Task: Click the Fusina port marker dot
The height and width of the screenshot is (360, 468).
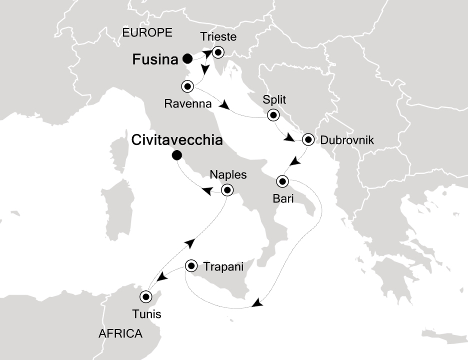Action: tap(187, 58)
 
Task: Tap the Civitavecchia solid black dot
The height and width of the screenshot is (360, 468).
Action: tap(176, 156)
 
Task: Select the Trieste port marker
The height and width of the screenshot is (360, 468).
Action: tap(217, 52)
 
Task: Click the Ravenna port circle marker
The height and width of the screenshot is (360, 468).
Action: tap(187, 86)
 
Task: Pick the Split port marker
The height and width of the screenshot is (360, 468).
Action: tap(273, 115)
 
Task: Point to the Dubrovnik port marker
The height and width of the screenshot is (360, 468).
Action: tap(308, 139)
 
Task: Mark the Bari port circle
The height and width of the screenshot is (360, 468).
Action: tap(282, 180)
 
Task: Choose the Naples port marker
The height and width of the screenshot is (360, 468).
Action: tap(227, 190)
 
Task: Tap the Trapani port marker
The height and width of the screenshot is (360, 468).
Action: tap(191, 266)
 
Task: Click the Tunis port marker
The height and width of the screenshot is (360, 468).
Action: tap(146, 296)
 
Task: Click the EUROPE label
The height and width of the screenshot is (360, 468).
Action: tap(147, 33)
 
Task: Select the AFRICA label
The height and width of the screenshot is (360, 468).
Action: tap(120, 333)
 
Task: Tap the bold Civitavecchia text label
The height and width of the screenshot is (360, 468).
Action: tap(176, 140)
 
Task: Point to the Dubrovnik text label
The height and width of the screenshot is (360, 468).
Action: tap(346, 140)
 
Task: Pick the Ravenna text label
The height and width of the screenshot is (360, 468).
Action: tap(188, 104)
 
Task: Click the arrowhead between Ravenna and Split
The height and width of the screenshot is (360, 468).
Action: tap(225, 106)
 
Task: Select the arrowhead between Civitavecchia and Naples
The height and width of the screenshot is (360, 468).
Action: tap(205, 190)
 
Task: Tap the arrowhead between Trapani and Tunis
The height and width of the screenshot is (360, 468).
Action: tap(163, 277)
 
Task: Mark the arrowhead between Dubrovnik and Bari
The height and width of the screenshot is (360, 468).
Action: tap(295, 161)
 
